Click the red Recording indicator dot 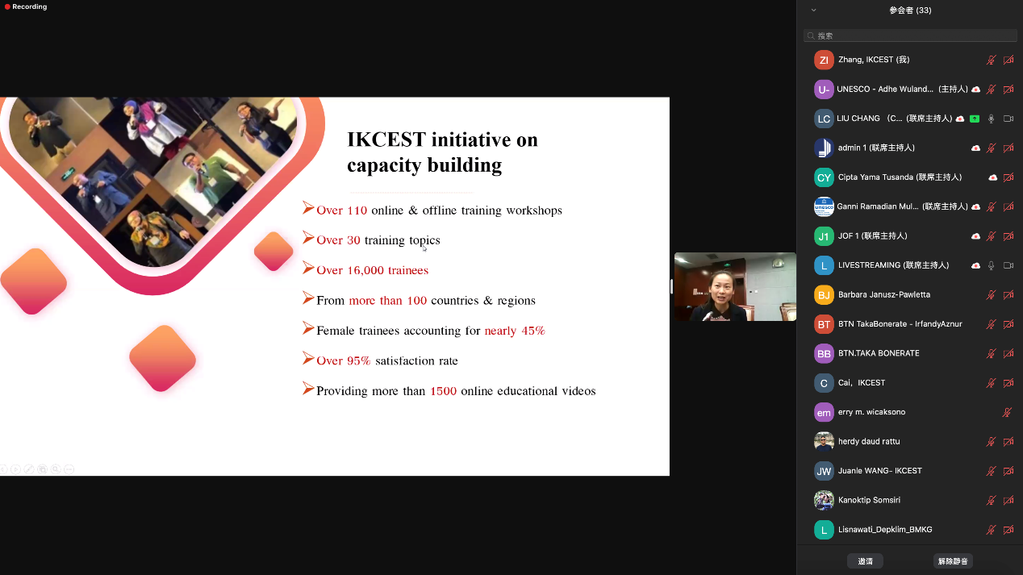[x=7, y=6]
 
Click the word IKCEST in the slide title [x=386, y=140]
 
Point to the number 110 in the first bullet [x=357, y=210]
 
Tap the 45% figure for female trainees [x=533, y=331]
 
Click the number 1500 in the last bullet [x=443, y=391]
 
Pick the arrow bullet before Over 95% [x=308, y=359]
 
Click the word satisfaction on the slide [x=403, y=360]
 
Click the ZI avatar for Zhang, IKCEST [x=824, y=60]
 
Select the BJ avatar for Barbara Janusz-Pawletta [x=824, y=295]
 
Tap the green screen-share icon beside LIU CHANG [x=974, y=119]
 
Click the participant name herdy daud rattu [x=869, y=441]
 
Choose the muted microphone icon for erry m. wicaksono [x=1007, y=413]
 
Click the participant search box [x=910, y=35]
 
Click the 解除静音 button [x=953, y=560]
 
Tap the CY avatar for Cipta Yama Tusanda [x=824, y=177]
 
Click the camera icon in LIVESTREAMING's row [x=1008, y=265]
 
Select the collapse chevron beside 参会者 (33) [x=813, y=10]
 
